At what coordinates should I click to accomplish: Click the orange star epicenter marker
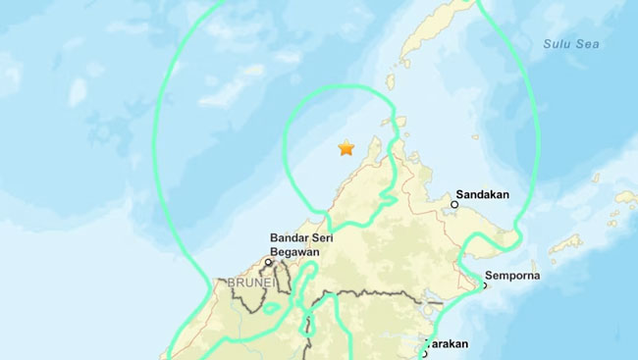click(346, 148)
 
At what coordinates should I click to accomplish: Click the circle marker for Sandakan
click(455, 204)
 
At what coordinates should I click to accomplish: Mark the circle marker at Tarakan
click(424, 353)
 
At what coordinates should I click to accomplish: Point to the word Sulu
click(558, 42)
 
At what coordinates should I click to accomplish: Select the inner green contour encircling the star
click(286, 147)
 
